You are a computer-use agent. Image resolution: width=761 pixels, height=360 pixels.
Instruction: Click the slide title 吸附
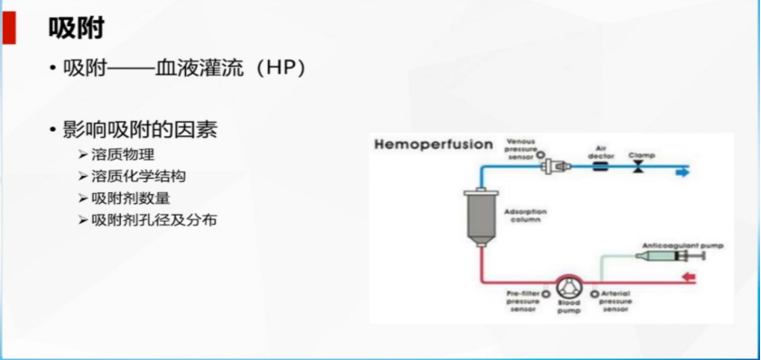[77, 29]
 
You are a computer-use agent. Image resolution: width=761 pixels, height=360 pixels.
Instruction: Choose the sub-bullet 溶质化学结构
[138, 176]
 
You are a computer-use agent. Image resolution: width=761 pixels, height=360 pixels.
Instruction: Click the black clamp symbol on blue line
[638, 169]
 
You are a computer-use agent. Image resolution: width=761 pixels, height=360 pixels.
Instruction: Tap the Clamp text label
[642, 154]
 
